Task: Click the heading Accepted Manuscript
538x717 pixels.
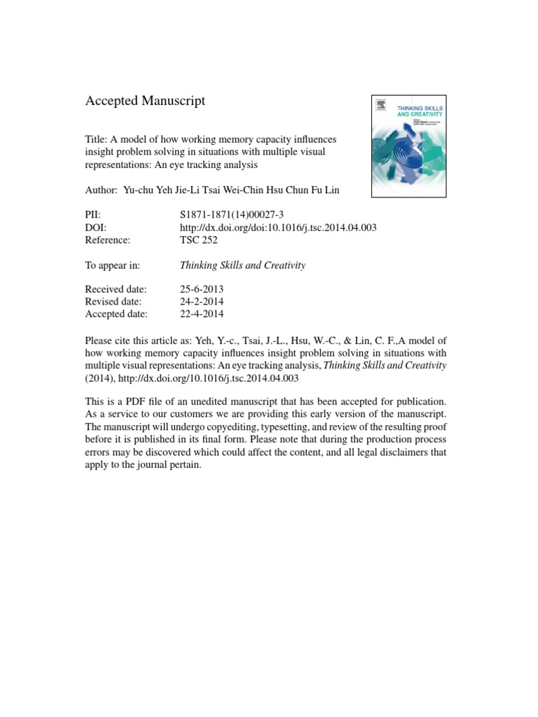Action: click(x=145, y=101)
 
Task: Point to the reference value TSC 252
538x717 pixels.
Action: click(x=199, y=241)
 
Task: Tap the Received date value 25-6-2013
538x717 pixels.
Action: click(x=202, y=289)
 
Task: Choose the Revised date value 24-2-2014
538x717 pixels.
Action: click(x=202, y=302)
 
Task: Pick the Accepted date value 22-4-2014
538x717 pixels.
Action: click(x=202, y=314)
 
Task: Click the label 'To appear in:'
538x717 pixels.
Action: click(x=113, y=265)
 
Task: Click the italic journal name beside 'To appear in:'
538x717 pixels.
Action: click(x=242, y=265)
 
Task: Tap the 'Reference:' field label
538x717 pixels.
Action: click(x=108, y=241)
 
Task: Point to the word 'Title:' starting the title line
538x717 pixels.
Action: click(x=97, y=140)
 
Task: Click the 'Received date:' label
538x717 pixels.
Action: click(x=116, y=289)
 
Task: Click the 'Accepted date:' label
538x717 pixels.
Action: click(x=116, y=314)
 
